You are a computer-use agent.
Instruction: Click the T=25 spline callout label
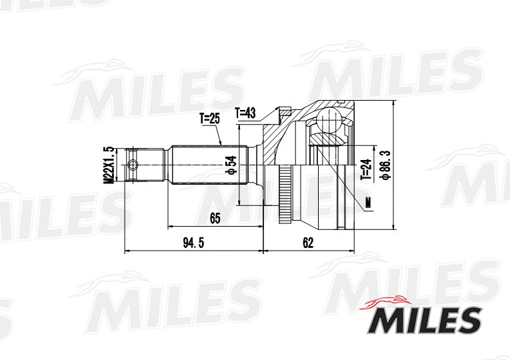(x=209, y=119)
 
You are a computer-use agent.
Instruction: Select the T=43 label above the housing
(x=245, y=113)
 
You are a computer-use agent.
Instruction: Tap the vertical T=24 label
(x=365, y=169)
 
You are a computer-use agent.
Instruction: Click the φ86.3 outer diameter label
(x=385, y=166)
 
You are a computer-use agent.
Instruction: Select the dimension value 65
(x=215, y=218)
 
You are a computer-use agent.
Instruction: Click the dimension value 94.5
(x=193, y=243)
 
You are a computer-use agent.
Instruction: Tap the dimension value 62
(x=307, y=243)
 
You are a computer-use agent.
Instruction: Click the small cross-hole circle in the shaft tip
(x=133, y=165)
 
